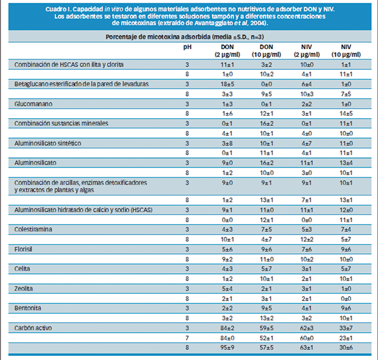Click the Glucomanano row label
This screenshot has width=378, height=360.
point(33,104)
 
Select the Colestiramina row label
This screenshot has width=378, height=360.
point(33,229)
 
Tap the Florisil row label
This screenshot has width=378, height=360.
point(23,249)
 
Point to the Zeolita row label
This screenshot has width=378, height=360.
point(23,289)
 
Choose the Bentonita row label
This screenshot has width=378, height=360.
point(28,308)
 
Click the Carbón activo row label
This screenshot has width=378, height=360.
point(33,328)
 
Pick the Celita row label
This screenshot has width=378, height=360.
point(22,269)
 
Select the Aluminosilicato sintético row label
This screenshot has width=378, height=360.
point(48,143)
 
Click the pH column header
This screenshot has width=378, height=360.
point(187,47)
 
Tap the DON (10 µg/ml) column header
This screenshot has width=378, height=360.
point(266,51)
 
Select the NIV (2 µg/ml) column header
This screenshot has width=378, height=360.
point(307,51)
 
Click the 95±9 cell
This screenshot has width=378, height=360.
point(227,348)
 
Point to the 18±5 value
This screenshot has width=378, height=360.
point(227,84)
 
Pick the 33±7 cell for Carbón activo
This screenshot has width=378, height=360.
point(346,328)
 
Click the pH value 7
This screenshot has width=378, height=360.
point(187,338)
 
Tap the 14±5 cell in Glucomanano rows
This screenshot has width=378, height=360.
point(346,114)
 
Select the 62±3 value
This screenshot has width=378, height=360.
point(307,328)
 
